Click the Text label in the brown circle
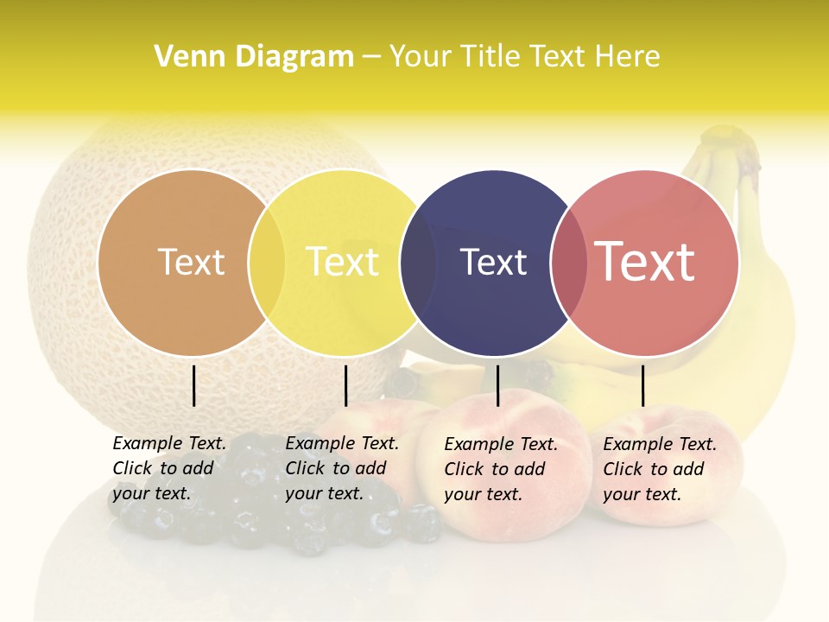click(x=191, y=262)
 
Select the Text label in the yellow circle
click(x=342, y=262)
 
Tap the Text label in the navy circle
click(x=493, y=262)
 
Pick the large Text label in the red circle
click(x=644, y=262)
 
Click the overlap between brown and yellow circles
click(x=267, y=263)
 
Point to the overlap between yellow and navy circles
click(x=418, y=263)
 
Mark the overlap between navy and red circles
click(x=568, y=263)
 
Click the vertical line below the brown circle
click(x=193, y=385)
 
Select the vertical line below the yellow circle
click(x=345, y=385)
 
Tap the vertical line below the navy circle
click(x=497, y=385)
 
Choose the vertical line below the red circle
click(x=642, y=385)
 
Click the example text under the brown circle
click(x=169, y=468)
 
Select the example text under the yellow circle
click(x=342, y=468)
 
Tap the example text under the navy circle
click(x=501, y=469)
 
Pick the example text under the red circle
click(x=660, y=469)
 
